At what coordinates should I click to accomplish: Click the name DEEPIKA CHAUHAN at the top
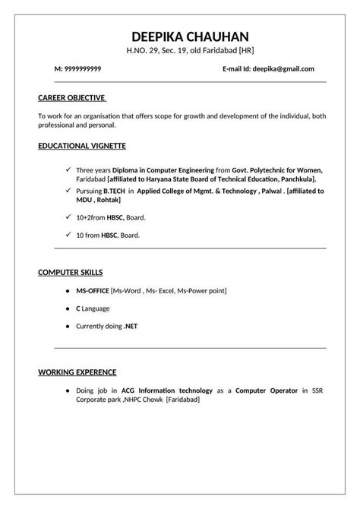(179, 36)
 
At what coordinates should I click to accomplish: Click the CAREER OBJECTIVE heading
(72, 97)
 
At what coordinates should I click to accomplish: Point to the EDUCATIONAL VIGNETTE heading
(81, 144)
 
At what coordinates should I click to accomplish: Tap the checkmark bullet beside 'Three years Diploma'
(68, 169)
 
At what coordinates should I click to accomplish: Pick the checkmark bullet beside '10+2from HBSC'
(68, 217)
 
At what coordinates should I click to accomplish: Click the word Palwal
(268, 191)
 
